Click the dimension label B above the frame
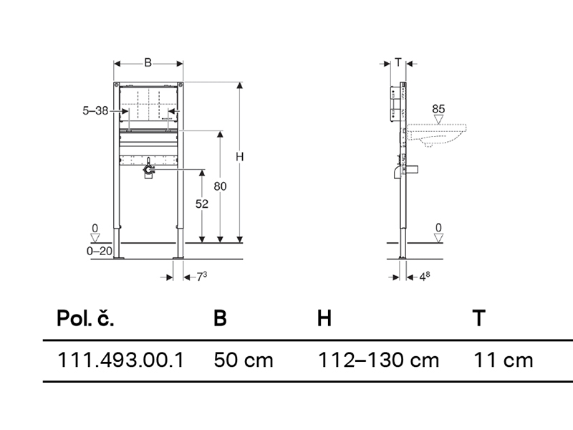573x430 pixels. [148, 62]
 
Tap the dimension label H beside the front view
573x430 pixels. [239, 156]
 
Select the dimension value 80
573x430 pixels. [220, 186]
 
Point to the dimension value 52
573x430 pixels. [202, 204]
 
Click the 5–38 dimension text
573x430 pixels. [95, 110]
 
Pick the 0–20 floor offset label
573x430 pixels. [100, 251]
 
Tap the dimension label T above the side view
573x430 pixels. [398, 62]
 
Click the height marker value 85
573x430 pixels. [438, 109]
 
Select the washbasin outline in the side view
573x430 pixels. [436, 135]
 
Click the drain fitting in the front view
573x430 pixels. [148, 169]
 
